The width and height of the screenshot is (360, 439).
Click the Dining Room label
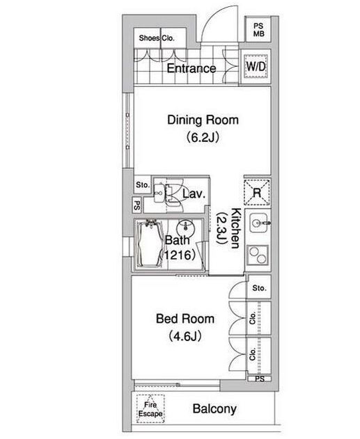coord(203,120)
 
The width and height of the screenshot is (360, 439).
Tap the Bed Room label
coord(185,319)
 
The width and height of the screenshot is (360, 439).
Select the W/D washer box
coord(256,66)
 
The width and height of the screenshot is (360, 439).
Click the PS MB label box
coord(258,30)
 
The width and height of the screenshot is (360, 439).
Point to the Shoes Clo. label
coord(157,38)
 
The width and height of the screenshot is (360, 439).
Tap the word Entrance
coord(191,68)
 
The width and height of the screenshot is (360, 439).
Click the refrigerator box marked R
coord(257,192)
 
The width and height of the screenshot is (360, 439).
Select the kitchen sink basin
coord(258,223)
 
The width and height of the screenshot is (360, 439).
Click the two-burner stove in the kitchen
coord(258,255)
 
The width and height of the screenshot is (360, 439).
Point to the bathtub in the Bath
coord(149,244)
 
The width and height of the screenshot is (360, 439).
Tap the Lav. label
coord(194,193)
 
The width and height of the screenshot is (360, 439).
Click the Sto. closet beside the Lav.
coord(143,185)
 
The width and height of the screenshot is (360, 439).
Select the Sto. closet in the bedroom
coord(259,287)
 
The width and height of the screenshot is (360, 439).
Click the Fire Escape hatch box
coord(150,409)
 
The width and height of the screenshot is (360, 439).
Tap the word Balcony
coord(214,409)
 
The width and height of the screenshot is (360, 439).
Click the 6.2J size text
coord(202,138)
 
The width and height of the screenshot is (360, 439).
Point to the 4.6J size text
coord(185,336)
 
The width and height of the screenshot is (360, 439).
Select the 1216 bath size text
coord(177,255)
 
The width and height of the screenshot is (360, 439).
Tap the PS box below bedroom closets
coord(260,379)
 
